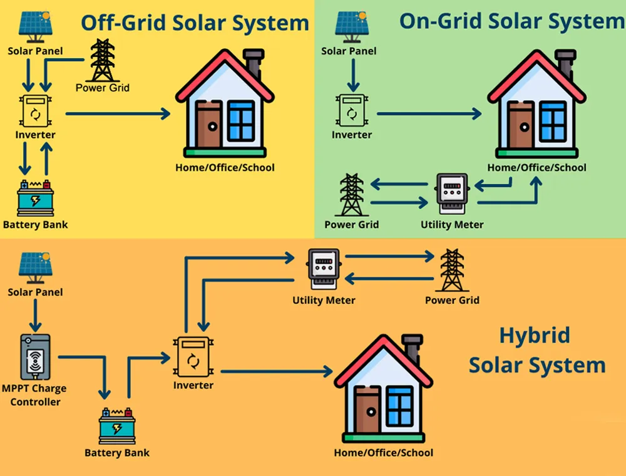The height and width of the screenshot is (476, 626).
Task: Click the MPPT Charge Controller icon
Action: tap(35, 358)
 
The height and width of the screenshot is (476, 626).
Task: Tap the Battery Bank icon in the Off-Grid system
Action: tap(35, 198)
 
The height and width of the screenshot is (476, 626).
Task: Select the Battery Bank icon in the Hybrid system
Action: tap(117, 427)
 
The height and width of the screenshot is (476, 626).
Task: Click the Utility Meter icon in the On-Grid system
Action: tap(452, 195)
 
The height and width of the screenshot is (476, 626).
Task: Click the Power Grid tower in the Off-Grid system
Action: tap(103, 60)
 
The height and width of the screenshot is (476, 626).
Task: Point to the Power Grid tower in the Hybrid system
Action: tap(451, 270)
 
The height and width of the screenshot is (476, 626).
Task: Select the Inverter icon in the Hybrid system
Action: tap(193, 358)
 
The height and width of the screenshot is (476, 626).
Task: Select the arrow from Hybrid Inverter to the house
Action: tap(275, 371)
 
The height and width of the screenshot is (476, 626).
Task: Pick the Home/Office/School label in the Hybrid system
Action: tap(383, 452)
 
